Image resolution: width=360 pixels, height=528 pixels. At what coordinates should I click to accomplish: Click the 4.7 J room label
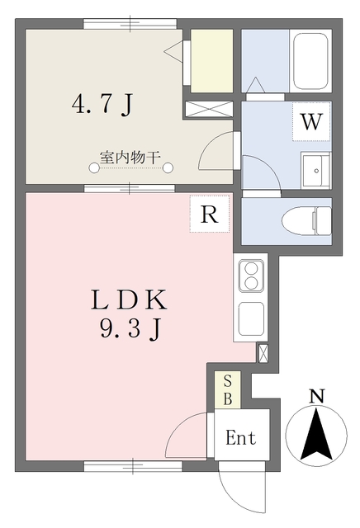click(102, 105)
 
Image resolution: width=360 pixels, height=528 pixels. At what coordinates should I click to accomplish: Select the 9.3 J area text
click(130, 329)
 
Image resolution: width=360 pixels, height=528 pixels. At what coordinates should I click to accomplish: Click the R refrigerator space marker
click(210, 214)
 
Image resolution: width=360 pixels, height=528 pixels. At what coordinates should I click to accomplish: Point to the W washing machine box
click(310, 122)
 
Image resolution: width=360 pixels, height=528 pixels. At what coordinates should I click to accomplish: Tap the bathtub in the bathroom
click(310, 63)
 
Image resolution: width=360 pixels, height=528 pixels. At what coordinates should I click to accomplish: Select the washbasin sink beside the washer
click(314, 171)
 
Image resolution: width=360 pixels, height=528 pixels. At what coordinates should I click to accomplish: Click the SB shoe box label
click(228, 389)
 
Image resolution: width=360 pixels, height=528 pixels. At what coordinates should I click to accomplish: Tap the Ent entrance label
click(241, 438)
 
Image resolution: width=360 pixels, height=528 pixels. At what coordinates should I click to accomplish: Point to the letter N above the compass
click(316, 396)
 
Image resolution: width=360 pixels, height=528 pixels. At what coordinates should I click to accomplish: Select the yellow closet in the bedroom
click(213, 61)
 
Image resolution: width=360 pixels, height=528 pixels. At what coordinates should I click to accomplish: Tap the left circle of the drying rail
click(94, 169)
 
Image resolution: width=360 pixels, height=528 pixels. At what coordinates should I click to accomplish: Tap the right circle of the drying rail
click(169, 169)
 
